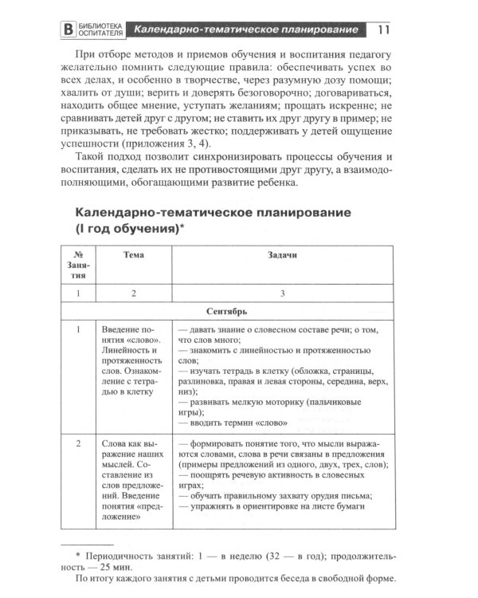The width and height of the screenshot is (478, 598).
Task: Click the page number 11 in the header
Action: pos(382,31)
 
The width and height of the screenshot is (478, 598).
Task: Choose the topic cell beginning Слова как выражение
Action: pos(131,479)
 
